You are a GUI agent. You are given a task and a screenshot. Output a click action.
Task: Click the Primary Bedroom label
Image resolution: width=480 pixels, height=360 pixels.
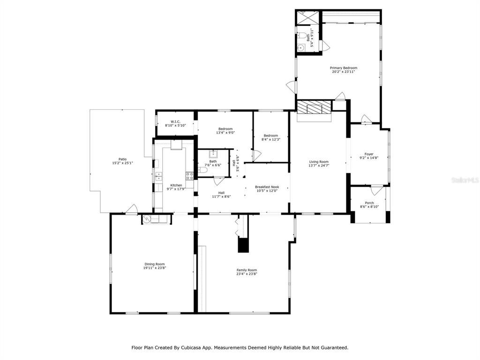344,68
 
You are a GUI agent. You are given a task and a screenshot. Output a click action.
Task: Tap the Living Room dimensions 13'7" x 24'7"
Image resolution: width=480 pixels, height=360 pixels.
318,166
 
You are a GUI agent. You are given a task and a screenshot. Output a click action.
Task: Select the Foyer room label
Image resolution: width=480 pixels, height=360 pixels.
369,154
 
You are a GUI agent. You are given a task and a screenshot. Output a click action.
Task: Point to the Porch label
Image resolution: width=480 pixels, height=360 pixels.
369,203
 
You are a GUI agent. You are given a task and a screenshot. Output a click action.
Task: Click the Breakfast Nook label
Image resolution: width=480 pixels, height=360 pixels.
267,187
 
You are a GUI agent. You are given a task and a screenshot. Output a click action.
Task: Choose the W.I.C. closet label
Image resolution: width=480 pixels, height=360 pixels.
175,122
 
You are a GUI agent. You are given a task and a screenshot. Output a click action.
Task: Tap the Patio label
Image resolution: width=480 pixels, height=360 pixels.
122,159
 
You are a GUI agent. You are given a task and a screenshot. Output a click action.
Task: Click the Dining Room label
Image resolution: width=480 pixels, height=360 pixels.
154,264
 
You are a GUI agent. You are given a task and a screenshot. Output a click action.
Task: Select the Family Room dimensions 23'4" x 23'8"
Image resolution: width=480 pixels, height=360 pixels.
246,274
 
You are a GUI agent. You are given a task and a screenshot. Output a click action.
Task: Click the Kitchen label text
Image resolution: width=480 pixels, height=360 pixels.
176,185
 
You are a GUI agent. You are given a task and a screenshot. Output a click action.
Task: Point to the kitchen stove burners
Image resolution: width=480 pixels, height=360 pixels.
190,176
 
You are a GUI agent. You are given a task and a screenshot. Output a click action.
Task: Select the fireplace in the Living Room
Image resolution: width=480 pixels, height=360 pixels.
314,108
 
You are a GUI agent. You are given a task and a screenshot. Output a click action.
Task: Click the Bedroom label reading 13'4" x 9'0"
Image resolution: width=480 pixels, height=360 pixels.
225,129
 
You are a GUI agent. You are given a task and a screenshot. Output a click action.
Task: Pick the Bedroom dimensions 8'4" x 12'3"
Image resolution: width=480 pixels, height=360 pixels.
270,140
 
